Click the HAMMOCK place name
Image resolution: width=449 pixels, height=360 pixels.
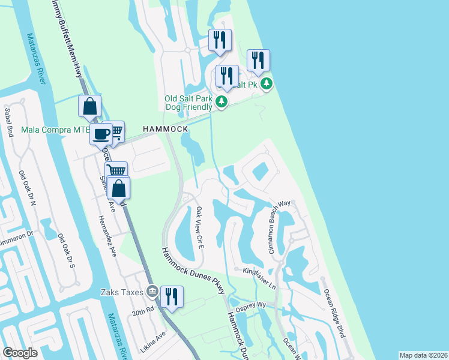pos(165,129)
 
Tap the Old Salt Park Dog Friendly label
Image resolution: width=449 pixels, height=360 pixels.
pos(188,103)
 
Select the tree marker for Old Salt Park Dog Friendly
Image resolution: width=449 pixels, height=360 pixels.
pos(222,102)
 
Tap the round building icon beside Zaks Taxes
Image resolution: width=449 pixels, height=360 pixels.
pos(152,292)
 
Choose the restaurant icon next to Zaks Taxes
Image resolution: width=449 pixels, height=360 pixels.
pos(172,296)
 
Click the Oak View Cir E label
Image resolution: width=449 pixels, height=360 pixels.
pos(199,226)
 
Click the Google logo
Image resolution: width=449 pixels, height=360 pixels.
pos(20,352)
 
